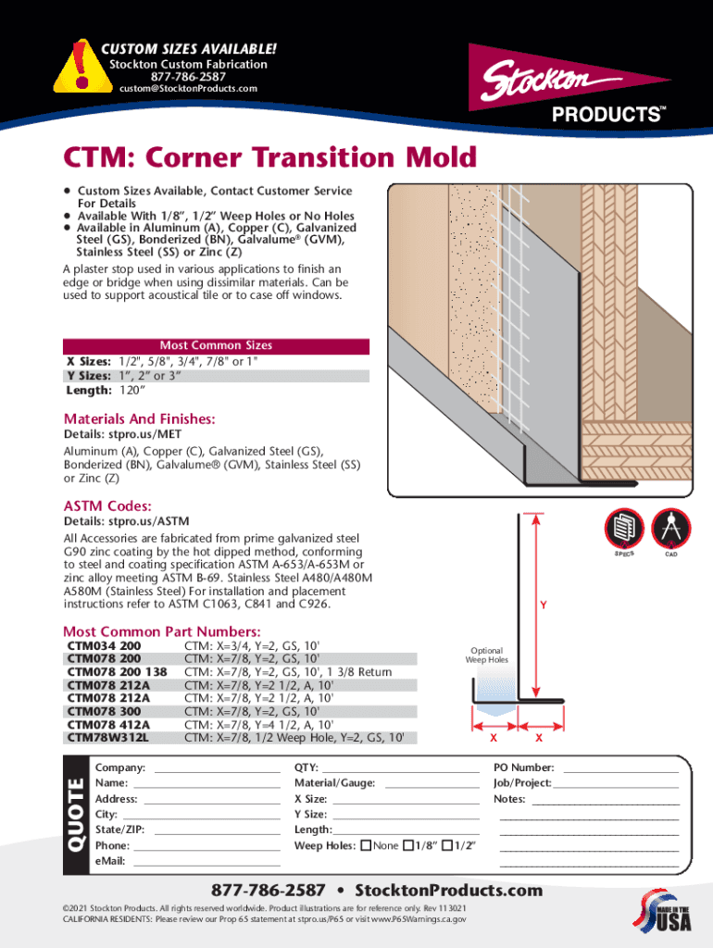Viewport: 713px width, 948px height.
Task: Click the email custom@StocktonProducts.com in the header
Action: click(188, 89)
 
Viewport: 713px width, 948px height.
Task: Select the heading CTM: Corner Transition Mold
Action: click(269, 157)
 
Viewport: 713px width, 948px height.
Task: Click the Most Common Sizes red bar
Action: click(216, 345)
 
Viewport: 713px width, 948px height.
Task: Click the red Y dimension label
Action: click(544, 606)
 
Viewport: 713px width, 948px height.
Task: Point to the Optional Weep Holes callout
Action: click(486, 655)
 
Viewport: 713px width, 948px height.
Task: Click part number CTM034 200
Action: click(104, 646)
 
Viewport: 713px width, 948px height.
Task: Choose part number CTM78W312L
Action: click(107, 738)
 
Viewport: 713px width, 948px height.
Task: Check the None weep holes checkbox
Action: click(366, 845)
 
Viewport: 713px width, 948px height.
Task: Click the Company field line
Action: click(217, 768)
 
